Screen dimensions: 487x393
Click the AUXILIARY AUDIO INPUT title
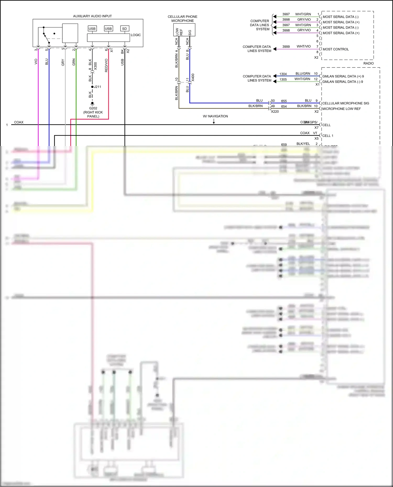pos(92,16)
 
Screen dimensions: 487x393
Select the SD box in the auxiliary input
pos(124,29)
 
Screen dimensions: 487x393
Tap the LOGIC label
pos(136,35)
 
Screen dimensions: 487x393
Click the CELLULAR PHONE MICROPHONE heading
pos(183,19)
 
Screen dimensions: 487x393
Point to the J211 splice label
pos(97,87)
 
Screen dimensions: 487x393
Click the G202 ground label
pos(93,108)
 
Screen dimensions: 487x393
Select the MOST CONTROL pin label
pos(336,49)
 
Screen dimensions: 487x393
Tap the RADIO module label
pos(368,63)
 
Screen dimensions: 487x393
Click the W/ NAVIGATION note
pos(215,116)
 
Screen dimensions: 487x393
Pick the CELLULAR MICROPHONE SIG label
pos(346,103)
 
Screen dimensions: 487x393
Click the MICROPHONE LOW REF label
pos(341,109)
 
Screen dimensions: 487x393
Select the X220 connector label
pos(275,111)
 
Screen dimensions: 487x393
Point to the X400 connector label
pos(193,77)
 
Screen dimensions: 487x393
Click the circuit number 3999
pos(286,47)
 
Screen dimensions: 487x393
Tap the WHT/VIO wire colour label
pos(304,46)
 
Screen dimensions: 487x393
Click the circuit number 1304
pos(283,74)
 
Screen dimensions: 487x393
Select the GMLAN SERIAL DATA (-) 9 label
pos(342,82)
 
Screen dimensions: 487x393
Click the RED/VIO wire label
pos(106,65)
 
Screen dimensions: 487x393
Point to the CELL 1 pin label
pos(327,136)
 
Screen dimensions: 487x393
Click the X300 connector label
pos(95,66)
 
